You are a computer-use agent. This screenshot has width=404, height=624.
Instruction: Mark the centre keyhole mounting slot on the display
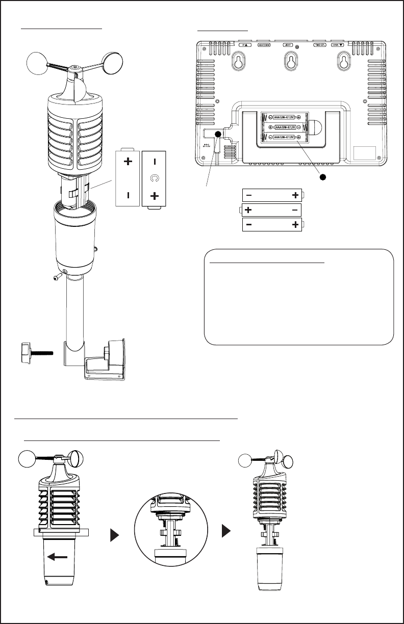click(290, 63)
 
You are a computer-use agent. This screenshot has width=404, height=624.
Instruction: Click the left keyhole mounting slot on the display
click(238, 62)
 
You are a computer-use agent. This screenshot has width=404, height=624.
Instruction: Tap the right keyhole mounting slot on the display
click(343, 62)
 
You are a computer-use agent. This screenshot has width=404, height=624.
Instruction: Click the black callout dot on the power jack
click(218, 134)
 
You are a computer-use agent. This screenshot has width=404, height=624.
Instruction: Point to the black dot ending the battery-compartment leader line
click(322, 177)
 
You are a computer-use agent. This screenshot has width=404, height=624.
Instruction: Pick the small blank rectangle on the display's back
click(365, 153)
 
